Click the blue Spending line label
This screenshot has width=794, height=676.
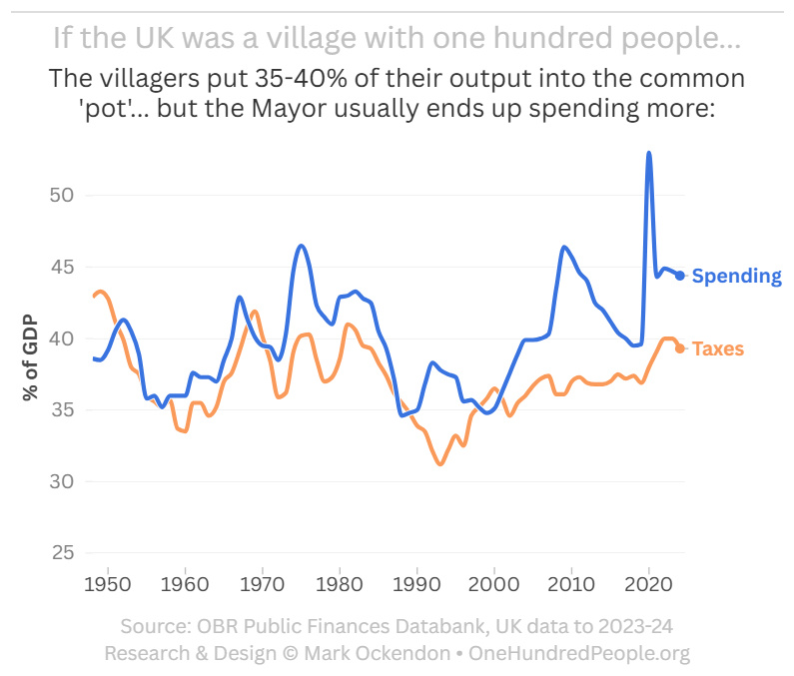click(736, 276)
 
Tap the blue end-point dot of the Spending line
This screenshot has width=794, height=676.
click(680, 276)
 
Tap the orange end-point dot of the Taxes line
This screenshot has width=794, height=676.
click(680, 348)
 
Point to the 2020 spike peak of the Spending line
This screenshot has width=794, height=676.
click(649, 153)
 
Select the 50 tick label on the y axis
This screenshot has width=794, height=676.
click(62, 195)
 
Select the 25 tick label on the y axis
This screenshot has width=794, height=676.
click(62, 553)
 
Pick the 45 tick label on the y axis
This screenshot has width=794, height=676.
click(62, 267)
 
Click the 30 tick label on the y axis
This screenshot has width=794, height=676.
click(62, 481)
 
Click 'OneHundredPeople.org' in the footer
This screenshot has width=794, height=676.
click(579, 653)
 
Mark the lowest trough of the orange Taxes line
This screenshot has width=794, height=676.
click(439, 464)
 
